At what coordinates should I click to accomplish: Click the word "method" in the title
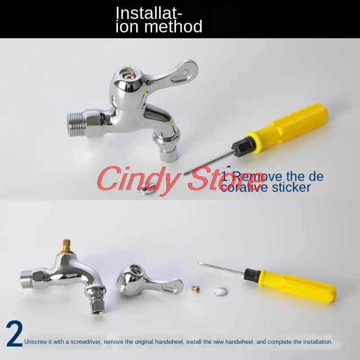coord(173,27)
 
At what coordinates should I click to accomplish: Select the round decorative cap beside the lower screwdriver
coord(221,291)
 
